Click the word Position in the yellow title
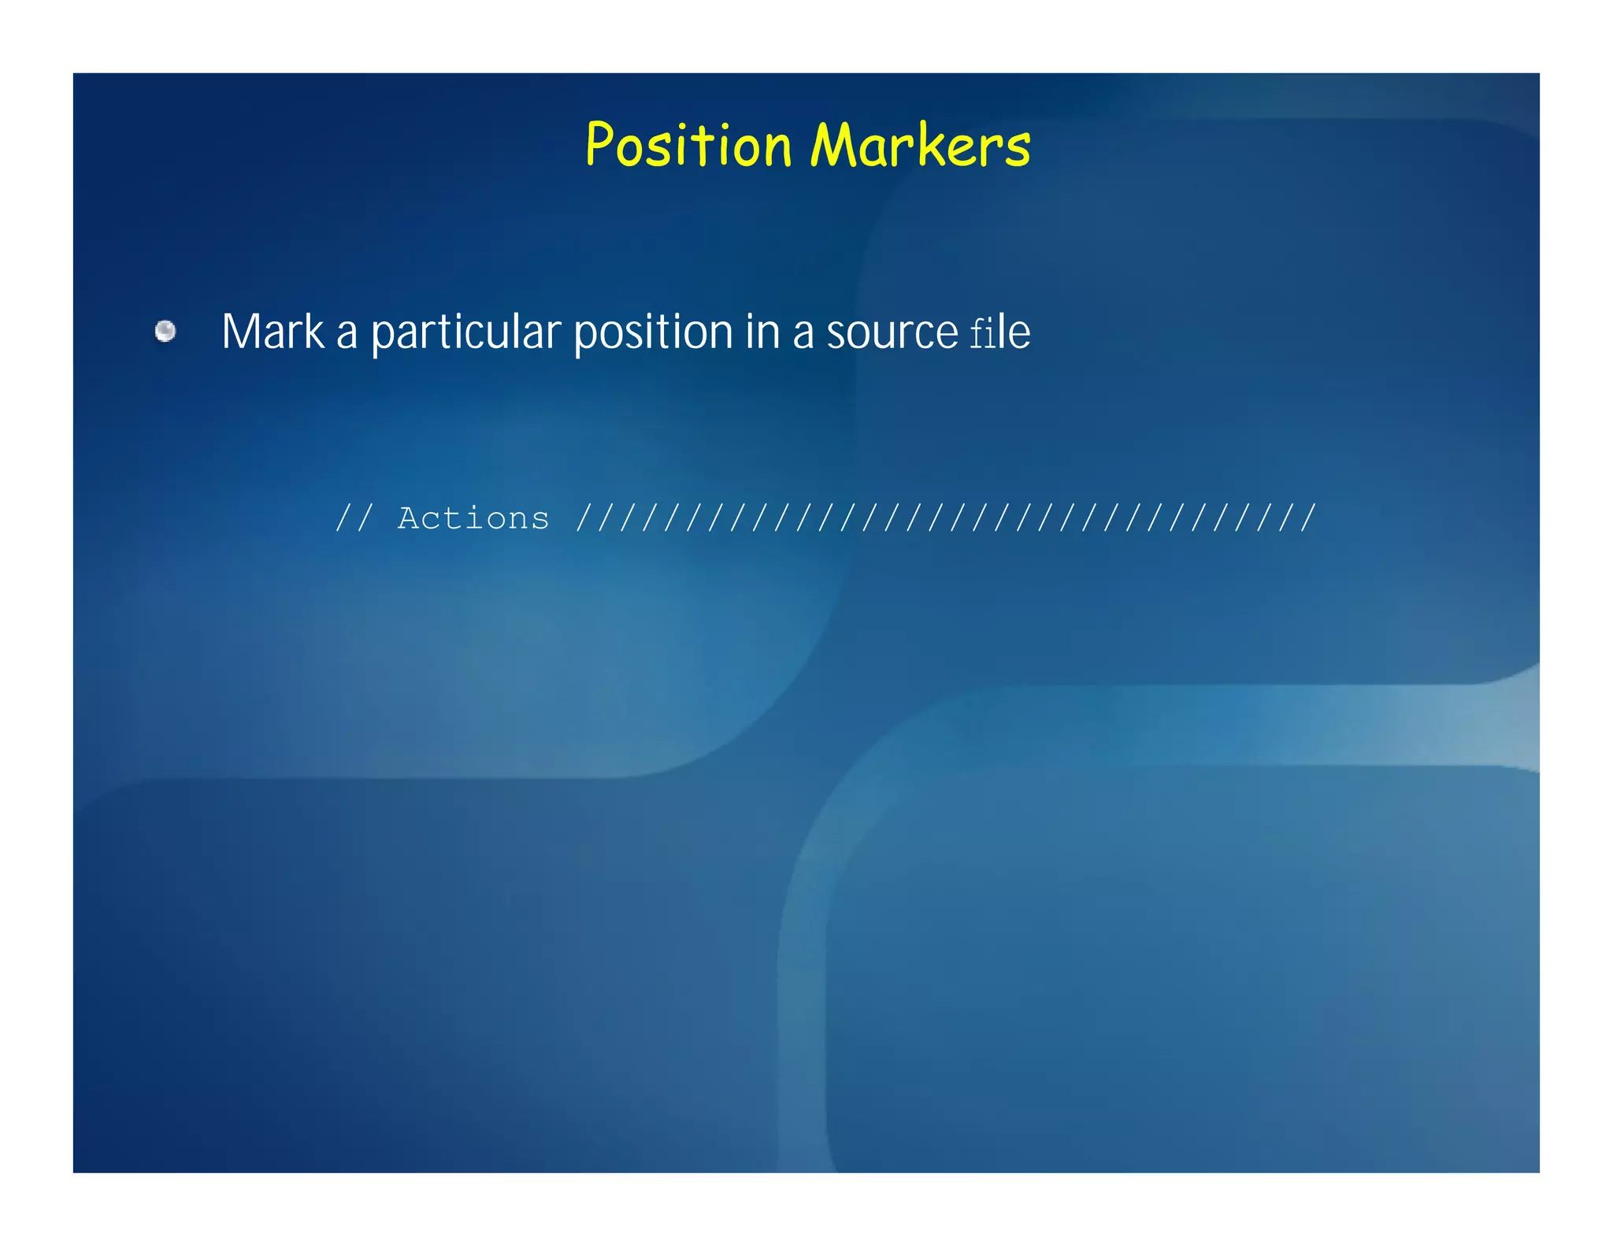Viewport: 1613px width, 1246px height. tap(688, 145)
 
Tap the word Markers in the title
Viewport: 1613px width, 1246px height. tap(920, 145)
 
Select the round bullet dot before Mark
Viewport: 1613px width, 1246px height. tap(165, 331)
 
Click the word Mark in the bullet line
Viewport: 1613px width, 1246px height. tap(273, 332)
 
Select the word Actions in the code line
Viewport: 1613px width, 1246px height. tap(473, 518)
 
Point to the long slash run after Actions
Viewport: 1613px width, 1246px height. tap(945, 518)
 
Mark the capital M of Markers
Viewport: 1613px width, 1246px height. tap(832, 145)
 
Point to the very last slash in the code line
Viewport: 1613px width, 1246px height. tap(1308, 518)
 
